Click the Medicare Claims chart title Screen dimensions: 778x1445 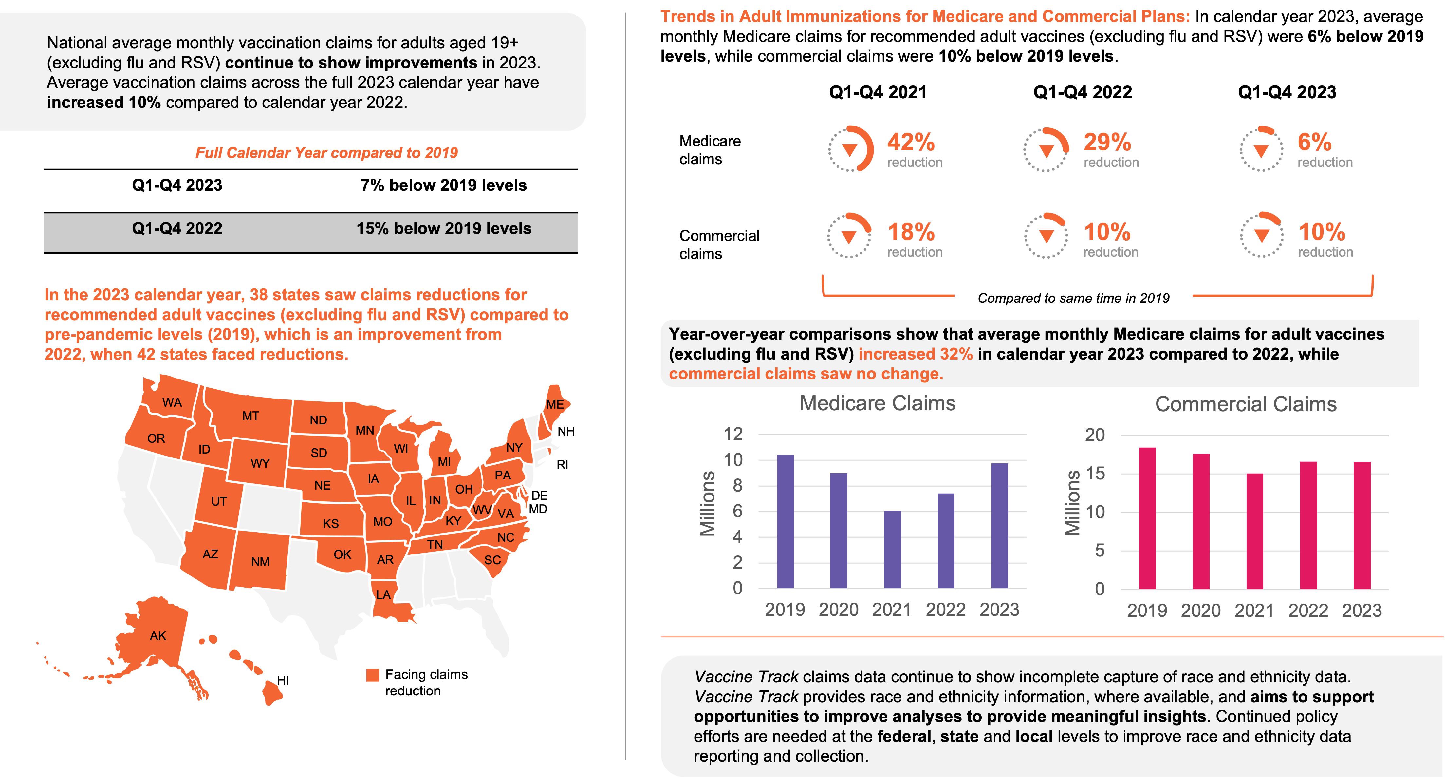877,404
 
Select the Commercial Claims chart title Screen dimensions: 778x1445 1246,404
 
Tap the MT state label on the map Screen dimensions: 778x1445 251,416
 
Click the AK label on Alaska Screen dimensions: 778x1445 158,635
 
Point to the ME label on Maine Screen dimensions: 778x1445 555,404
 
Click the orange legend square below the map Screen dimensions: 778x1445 373,675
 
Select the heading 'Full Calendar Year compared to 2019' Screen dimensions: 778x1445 326,153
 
